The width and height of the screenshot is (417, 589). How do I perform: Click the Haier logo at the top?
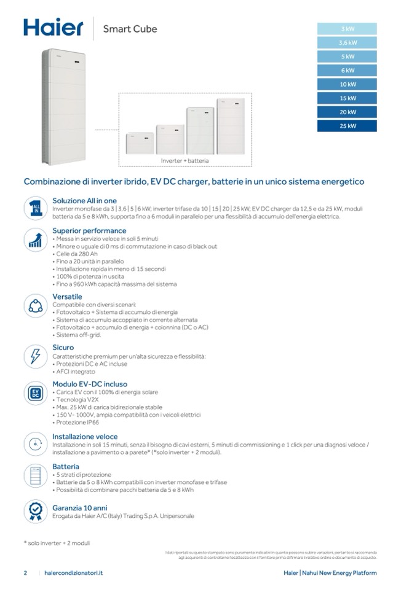click(x=53, y=28)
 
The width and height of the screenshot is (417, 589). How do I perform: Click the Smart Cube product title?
click(x=130, y=29)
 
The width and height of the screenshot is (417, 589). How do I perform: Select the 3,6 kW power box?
click(x=347, y=43)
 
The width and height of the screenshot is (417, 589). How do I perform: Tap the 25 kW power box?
click(x=347, y=126)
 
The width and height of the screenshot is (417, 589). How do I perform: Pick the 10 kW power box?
click(x=347, y=85)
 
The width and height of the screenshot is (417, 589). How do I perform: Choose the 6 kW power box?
click(x=347, y=71)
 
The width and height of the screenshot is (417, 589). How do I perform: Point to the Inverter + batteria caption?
click(x=185, y=161)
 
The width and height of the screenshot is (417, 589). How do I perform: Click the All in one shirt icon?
click(x=36, y=208)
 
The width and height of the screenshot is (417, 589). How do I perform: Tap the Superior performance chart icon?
click(x=36, y=240)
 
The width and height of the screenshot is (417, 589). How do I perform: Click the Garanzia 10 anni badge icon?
click(x=36, y=511)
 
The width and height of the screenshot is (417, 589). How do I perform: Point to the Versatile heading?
click(x=67, y=297)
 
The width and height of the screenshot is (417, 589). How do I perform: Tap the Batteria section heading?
click(x=66, y=467)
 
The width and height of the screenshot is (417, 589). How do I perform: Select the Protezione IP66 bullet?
click(x=77, y=423)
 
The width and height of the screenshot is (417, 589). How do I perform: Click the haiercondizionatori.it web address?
click(x=74, y=573)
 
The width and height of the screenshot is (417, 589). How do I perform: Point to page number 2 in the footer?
click(x=25, y=573)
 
